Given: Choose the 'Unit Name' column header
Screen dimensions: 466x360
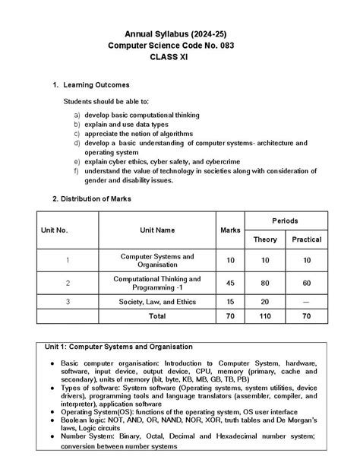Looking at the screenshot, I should tap(157, 228).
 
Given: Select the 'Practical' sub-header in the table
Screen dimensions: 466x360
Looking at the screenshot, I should tap(306, 239).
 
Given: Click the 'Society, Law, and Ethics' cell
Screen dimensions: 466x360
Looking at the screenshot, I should tap(157, 302).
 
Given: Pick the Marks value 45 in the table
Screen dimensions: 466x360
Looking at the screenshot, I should tap(229, 282).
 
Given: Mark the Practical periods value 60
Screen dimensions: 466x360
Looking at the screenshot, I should tap(306, 282).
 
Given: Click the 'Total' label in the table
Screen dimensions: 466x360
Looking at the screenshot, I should tap(157, 315).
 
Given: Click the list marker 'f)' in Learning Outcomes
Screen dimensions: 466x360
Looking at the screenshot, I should tap(77, 171).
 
